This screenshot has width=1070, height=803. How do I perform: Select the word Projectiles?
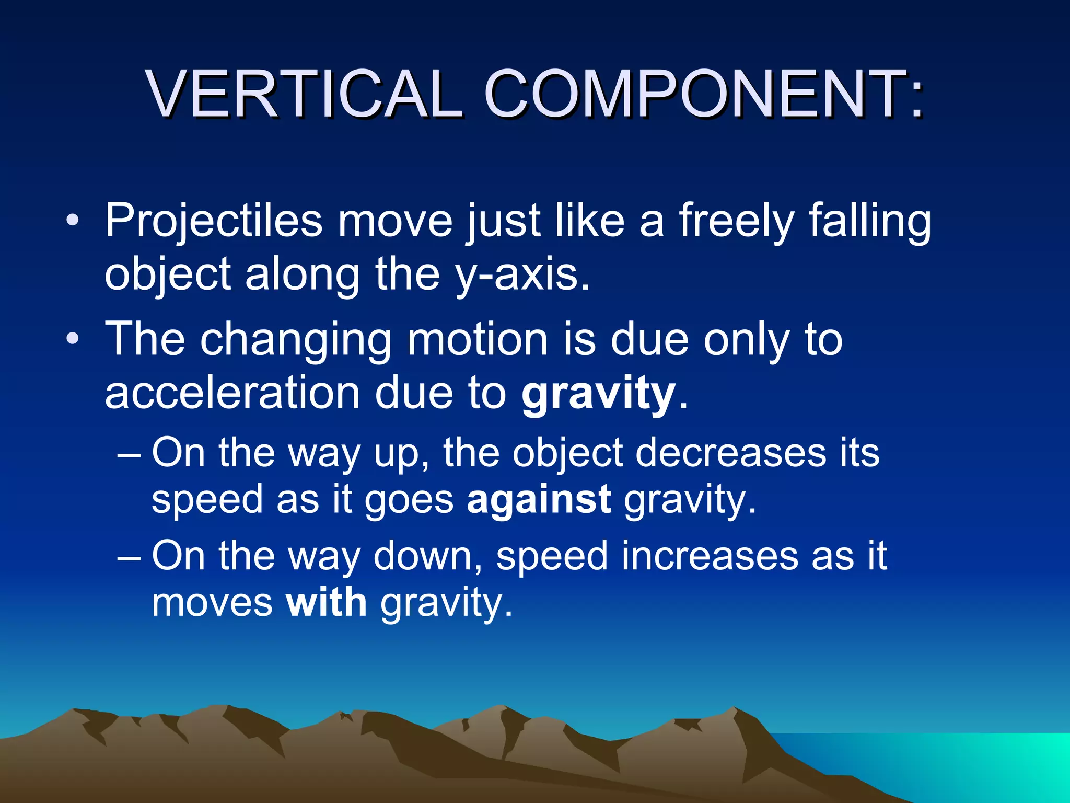click(x=214, y=221)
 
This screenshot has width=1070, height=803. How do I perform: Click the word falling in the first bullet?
click(x=870, y=221)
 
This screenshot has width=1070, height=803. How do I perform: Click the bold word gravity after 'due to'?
click(x=598, y=393)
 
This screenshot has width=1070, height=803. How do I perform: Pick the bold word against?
click(x=539, y=499)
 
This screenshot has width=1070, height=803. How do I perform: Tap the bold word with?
click(x=327, y=603)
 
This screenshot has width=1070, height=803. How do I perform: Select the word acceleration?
click(x=232, y=393)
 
